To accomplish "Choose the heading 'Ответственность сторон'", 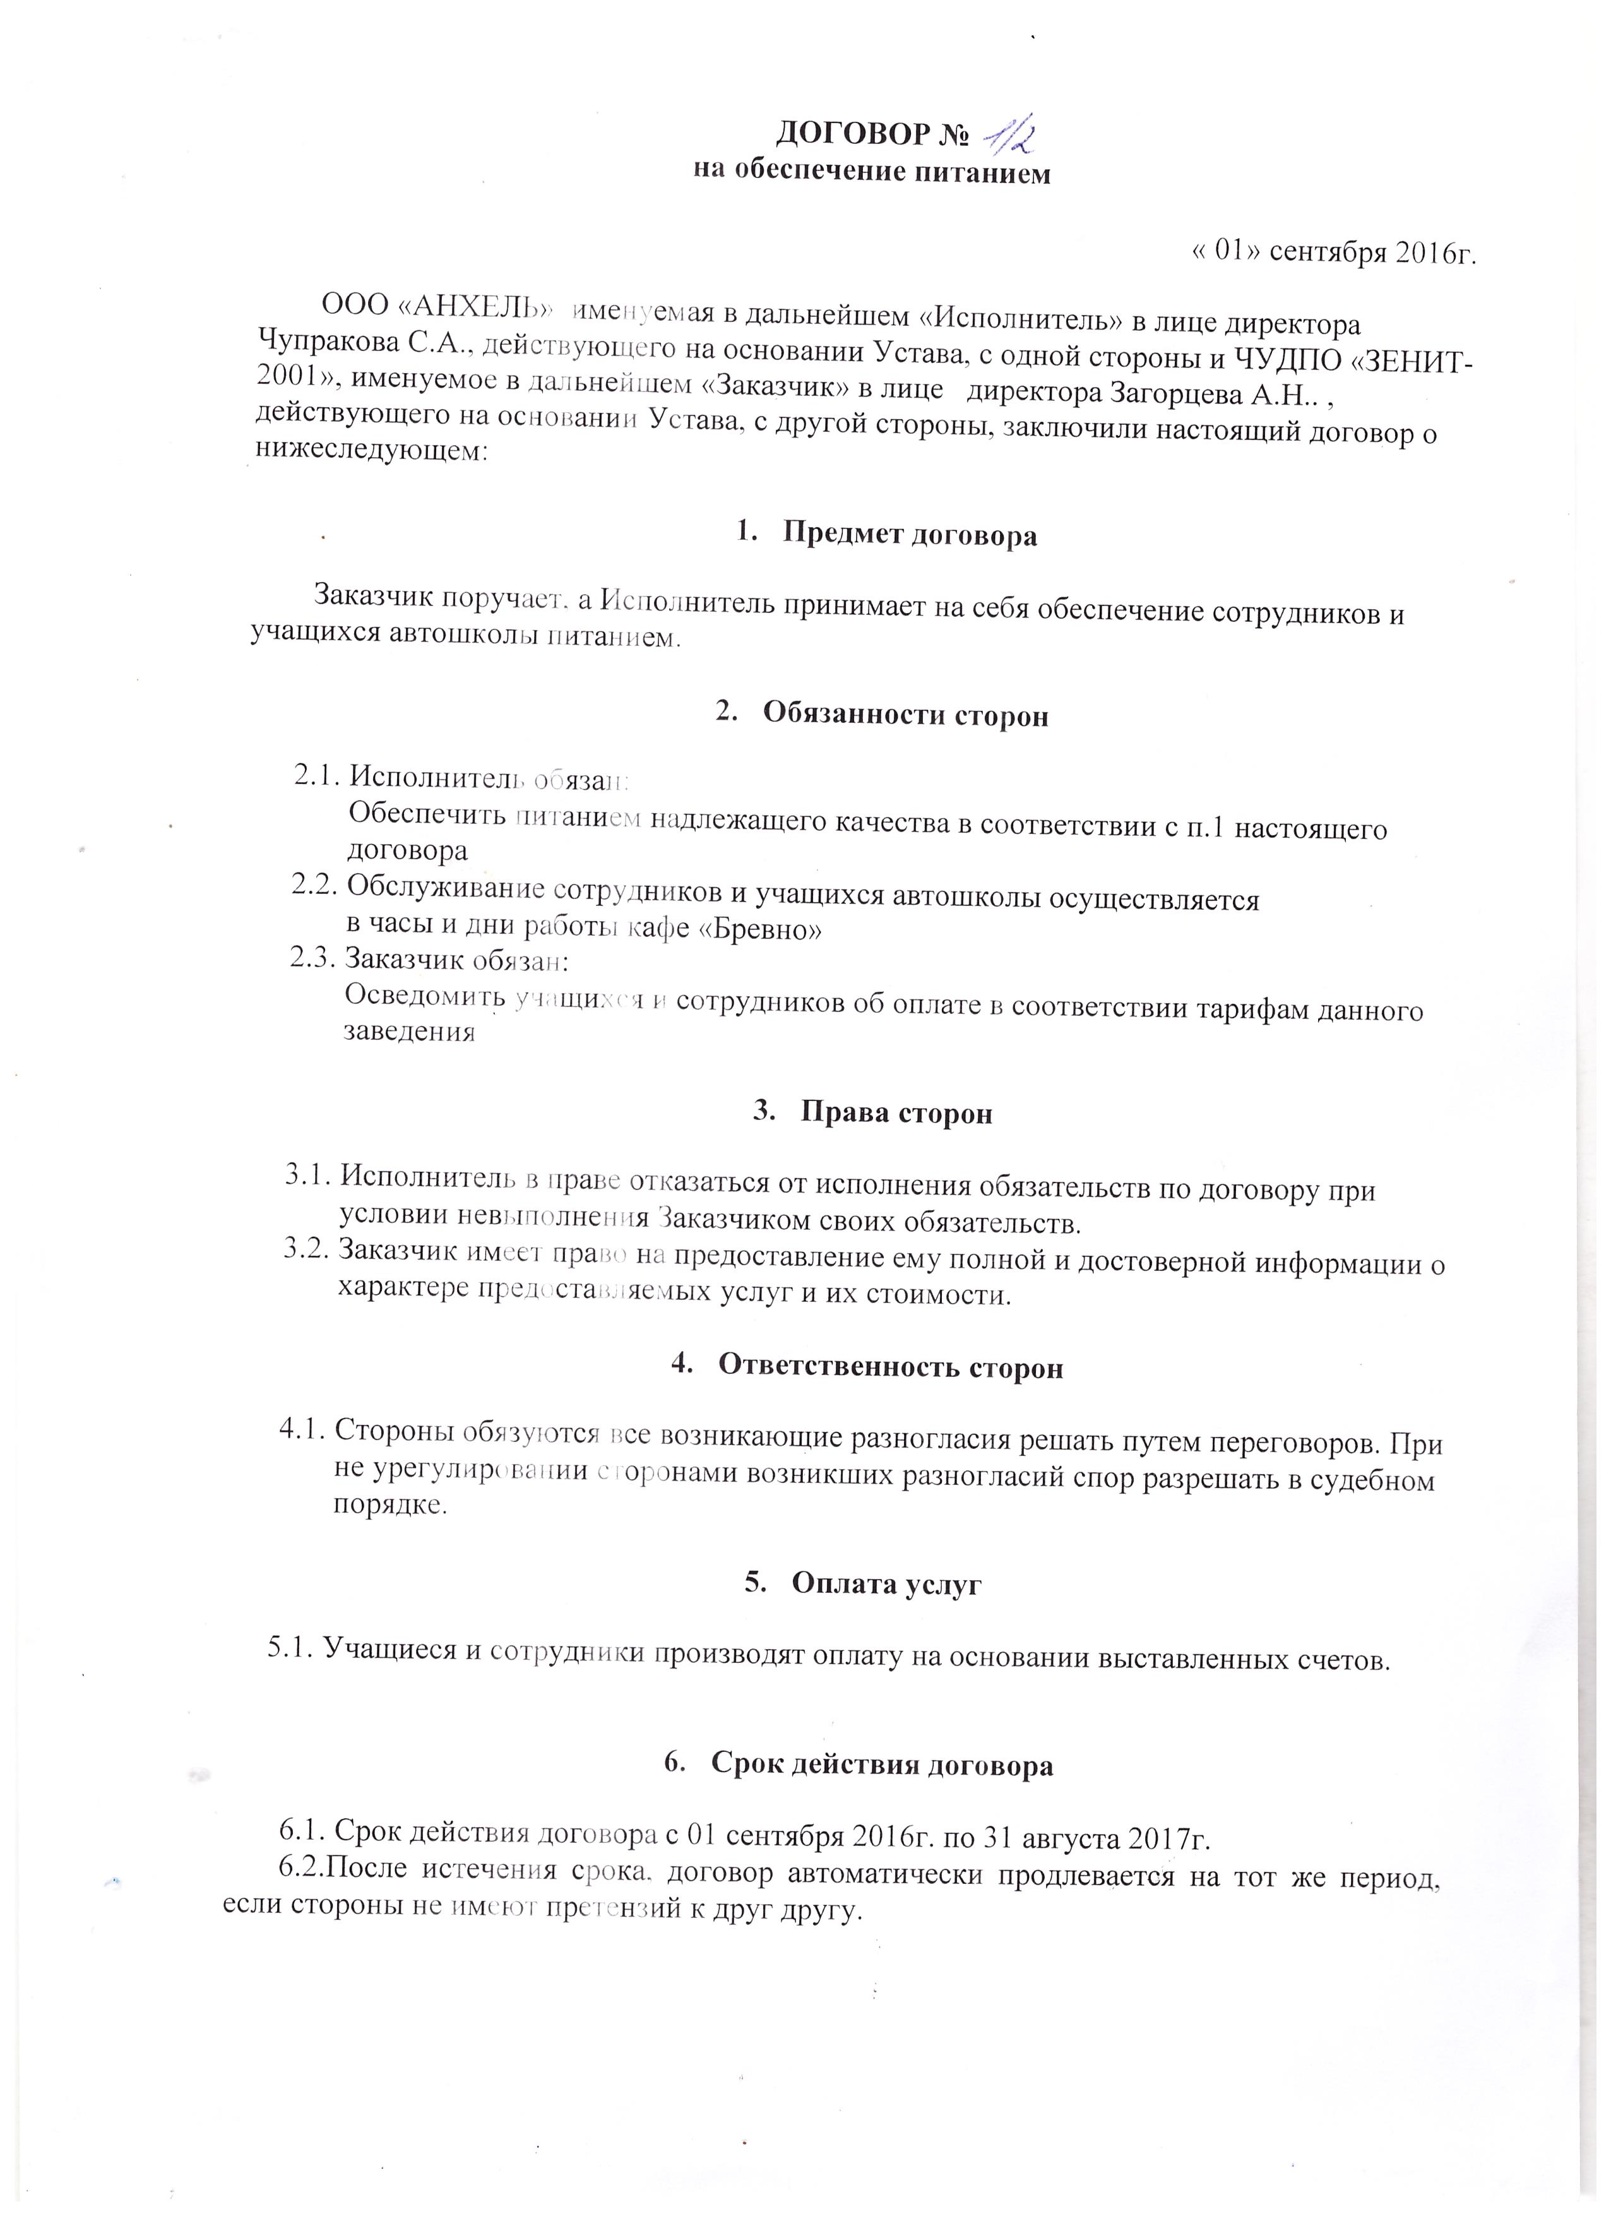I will tap(890, 1367).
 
